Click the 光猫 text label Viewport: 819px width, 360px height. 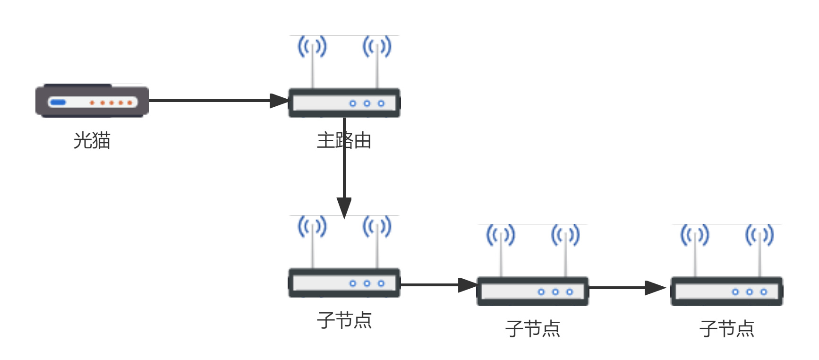(92, 140)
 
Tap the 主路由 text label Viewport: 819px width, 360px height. (344, 140)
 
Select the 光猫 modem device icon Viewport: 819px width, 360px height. (92, 101)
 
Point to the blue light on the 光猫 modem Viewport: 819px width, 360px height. (58, 102)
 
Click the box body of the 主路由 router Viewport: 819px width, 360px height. (344, 103)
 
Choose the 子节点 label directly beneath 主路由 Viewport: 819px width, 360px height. (344, 320)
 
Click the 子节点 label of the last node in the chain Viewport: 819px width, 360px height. (726, 329)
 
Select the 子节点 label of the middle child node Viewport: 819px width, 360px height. (532, 329)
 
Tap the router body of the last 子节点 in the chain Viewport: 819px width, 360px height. (726, 291)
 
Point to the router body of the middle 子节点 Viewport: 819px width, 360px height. (532, 291)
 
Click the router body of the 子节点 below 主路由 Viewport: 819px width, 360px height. (344, 283)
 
